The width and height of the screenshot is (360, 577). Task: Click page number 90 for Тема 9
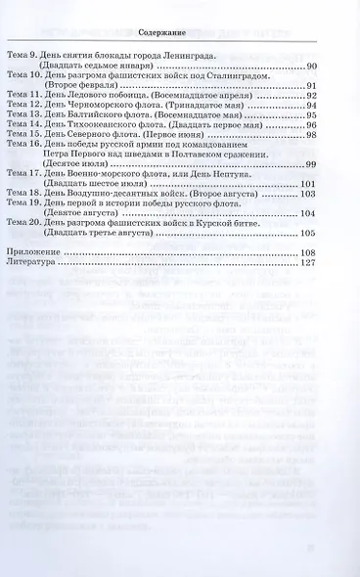coord(311,67)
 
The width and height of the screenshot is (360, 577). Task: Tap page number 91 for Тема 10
coord(311,86)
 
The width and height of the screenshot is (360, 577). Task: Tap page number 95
coord(311,115)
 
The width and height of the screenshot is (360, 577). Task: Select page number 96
coord(311,124)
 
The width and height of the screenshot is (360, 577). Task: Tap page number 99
coord(311,163)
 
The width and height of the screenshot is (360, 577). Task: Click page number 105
coord(309,233)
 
